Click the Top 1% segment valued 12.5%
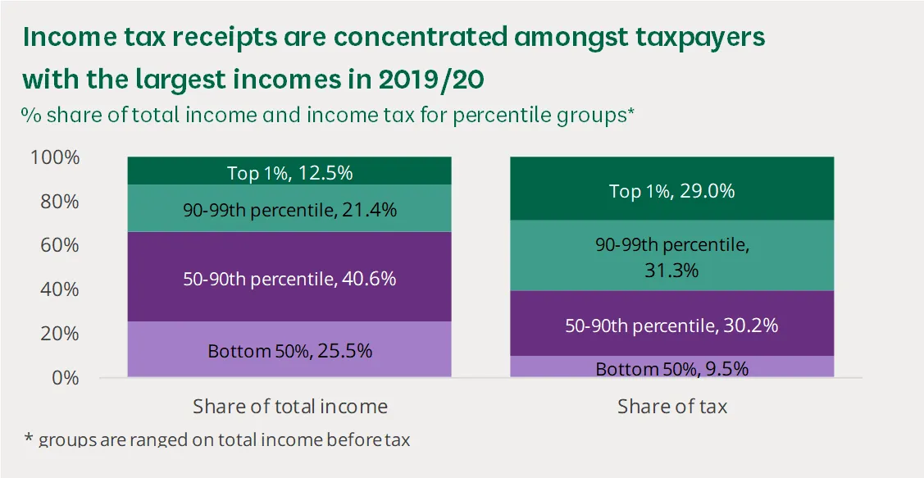coord(289,171)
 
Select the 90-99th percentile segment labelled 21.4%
coord(289,209)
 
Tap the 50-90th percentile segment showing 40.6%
coord(289,277)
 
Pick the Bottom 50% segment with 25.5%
coord(289,350)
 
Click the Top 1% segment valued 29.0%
coord(671,190)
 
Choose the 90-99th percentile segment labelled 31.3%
coord(671,256)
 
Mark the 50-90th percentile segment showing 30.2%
coord(671,325)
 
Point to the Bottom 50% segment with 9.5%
coord(671,368)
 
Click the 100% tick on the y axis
coord(55,157)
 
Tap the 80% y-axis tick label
coord(59,202)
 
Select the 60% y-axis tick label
coord(59,246)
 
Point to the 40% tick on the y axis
coord(59,290)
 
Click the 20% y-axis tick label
coord(59,335)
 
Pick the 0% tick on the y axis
coord(64,378)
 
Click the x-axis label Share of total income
coord(289,407)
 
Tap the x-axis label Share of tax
coord(671,407)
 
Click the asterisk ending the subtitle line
coord(631,113)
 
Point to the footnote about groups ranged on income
coord(216,439)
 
